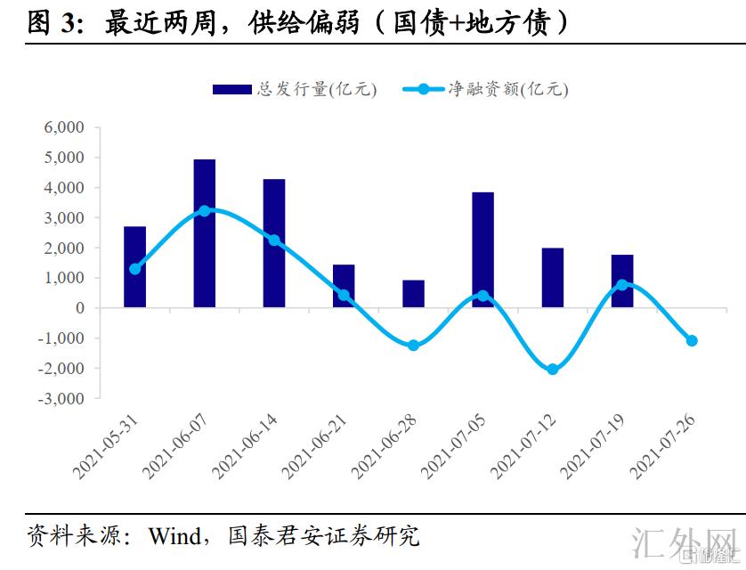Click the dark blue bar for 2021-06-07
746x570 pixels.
coord(205,233)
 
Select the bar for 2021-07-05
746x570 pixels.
coord(482,249)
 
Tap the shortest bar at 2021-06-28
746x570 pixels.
coord(413,294)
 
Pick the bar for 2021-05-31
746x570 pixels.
coord(135,267)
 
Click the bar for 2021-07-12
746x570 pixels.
coord(552,278)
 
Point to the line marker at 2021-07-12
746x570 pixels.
coord(552,369)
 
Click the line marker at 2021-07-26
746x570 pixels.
coord(691,340)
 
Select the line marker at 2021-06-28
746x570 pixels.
coord(413,345)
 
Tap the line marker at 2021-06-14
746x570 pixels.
coord(274,240)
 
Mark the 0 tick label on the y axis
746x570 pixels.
coord(80,308)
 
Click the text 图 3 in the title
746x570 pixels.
coord(51,22)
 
